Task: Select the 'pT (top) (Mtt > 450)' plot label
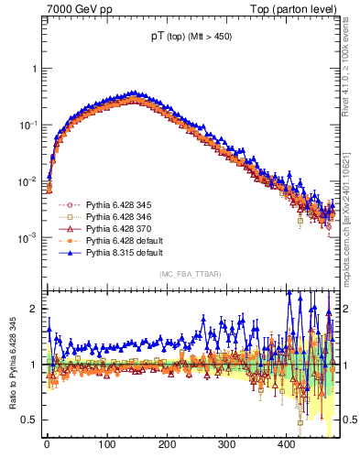pos(191,39)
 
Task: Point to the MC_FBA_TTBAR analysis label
pos(191,274)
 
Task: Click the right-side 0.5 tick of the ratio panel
pos(351,420)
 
